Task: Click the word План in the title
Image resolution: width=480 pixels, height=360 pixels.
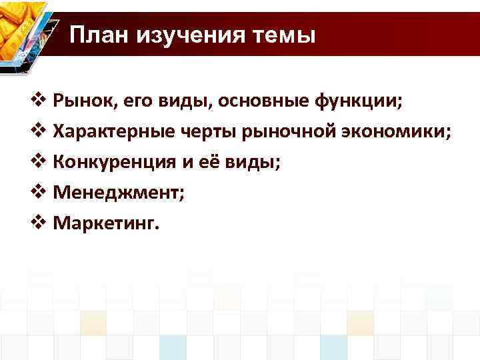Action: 99,34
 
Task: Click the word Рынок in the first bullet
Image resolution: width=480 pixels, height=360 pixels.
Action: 79,101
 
